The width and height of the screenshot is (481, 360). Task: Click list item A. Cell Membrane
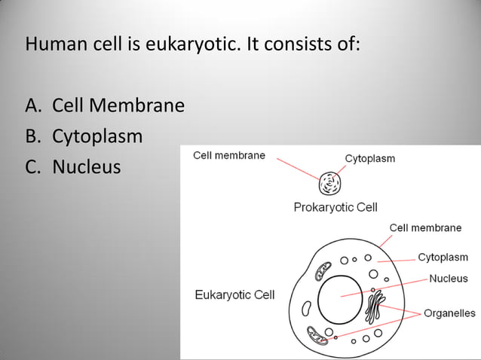pyautogui.click(x=105, y=105)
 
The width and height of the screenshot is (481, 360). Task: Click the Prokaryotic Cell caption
pyautogui.click(x=335, y=207)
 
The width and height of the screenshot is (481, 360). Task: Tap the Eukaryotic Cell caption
pyautogui.click(x=234, y=294)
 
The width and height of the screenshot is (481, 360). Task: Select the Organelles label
pyautogui.click(x=449, y=313)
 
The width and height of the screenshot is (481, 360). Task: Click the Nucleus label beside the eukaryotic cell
pyautogui.click(x=448, y=279)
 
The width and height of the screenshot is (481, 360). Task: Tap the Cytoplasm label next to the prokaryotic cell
pyautogui.click(x=369, y=158)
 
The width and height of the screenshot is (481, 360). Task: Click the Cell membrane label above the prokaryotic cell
pyautogui.click(x=229, y=155)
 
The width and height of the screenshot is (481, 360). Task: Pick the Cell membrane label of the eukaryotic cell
pyautogui.click(x=425, y=227)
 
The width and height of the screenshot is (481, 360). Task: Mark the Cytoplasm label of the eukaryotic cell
pyautogui.click(x=443, y=258)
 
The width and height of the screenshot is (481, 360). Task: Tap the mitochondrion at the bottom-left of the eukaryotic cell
pyautogui.click(x=318, y=335)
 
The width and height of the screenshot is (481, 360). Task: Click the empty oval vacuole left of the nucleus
pyautogui.click(x=306, y=309)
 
